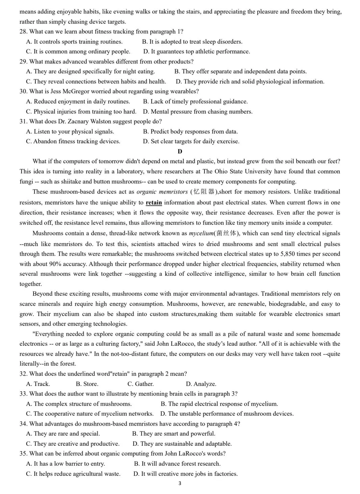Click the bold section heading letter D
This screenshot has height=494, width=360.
[x=180, y=151]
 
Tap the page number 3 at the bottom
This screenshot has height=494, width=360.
[x=180, y=484]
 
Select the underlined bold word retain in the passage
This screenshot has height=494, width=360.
[x=154, y=202]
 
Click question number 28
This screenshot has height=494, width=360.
[x=23, y=31]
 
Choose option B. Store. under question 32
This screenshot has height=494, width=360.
[x=87, y=384]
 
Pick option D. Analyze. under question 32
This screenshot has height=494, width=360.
[x=201, y=384]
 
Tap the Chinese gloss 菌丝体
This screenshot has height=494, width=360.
[x=226, y=233]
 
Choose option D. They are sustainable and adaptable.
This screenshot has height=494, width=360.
[x=182, y=444]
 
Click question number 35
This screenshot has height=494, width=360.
[x=23, y=453]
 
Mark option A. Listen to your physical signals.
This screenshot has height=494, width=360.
[x=70, y=131]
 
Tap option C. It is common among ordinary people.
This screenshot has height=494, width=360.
[x=78, y=51]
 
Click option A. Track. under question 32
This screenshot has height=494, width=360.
[x=38, y=384]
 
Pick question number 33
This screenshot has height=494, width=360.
[x=23, y=394]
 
